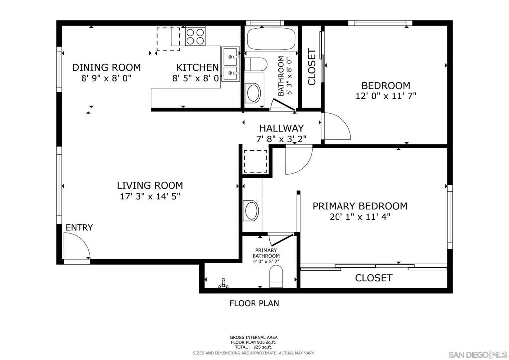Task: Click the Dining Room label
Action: tap(106, 67)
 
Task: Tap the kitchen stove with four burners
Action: tap(195, 36)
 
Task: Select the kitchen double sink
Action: tap(231, 64)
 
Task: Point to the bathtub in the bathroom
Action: tap(271, 39)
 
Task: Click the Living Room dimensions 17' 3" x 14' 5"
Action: tap(150, 196)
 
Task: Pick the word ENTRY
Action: tap(79, 228)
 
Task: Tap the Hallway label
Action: tap(281, 128)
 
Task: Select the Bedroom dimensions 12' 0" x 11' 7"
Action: tap(386, 96)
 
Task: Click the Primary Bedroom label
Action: tap(360, 206)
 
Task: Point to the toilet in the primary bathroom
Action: tap(276, 276)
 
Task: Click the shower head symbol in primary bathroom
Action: tap(223, 283)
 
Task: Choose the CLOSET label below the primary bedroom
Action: tap(374, 278)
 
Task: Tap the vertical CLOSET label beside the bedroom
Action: tap(311, 67)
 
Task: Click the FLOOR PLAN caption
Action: tap(254, 303)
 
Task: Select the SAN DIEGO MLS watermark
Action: tap(478, 354)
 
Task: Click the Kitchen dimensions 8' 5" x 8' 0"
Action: tap(197, 78)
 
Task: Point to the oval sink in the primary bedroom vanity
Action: tap(252, 211)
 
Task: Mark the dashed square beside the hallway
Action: tap(255, 161)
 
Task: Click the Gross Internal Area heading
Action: tap(254, 337)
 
